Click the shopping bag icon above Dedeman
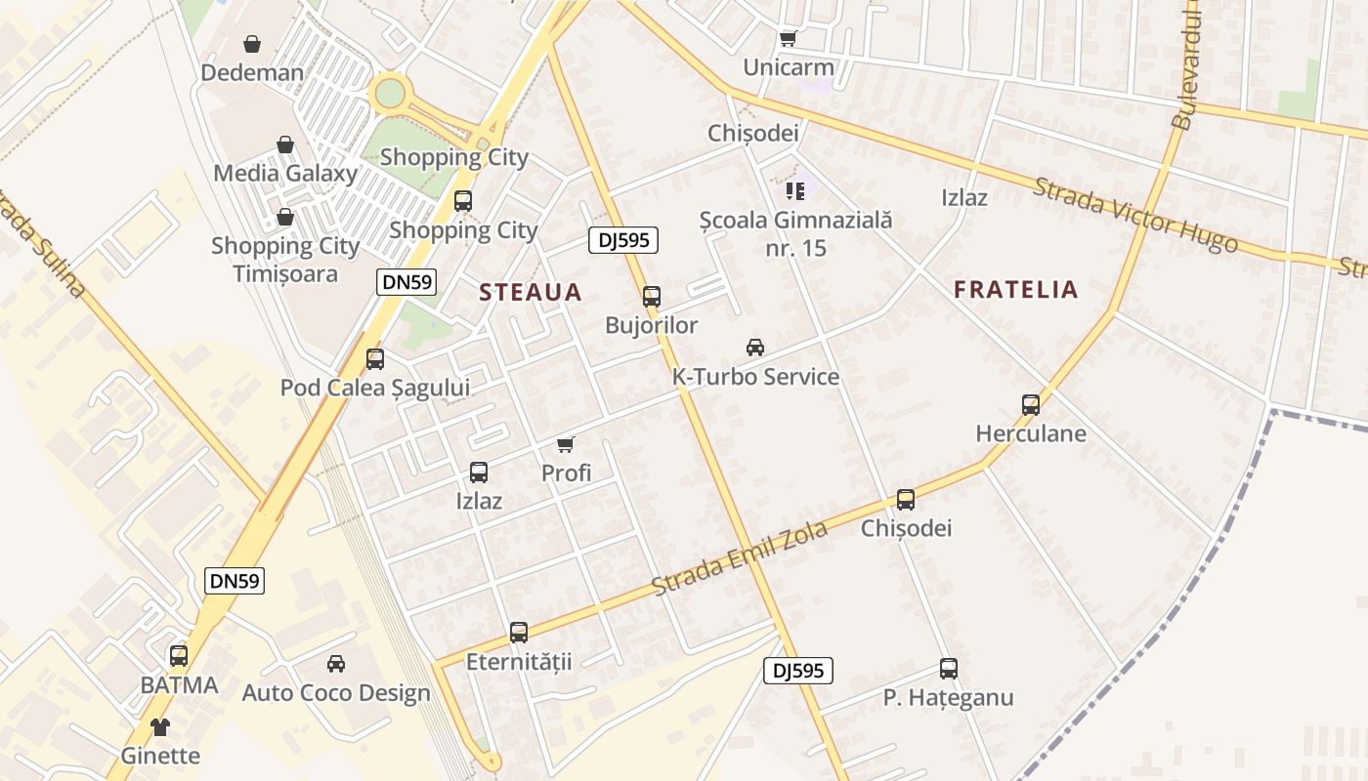click(x=252, y=44)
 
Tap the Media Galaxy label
click(x=285, y=174)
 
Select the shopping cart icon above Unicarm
click(x=789, y=39)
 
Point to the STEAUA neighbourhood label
click(x=531, y=292)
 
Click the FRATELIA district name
click(x=1016, y=289)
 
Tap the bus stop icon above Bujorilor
click(x=652, y=296)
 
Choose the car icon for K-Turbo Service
click(x=755, y=348)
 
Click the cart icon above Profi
click(x=566, y=445)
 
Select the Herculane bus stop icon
click(x=1031, y=405)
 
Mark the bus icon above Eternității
click(x=519, y=633)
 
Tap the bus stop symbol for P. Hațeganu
click(x=949, y=669)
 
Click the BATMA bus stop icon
click(x=179, y=656)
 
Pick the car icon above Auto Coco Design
click(x=336, y=664)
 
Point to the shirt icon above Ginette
click(x=160, y=727)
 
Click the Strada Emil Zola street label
click(x=740, y=558)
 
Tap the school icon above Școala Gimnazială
click(x=795, y=190)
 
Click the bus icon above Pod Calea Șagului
click(x=375, y=359)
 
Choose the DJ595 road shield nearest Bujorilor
click(x=623, y=240)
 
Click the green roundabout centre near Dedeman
click(x=390, y=94)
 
